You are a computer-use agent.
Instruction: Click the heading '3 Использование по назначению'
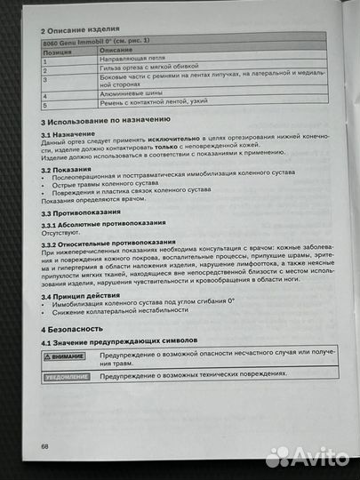[105, 118]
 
